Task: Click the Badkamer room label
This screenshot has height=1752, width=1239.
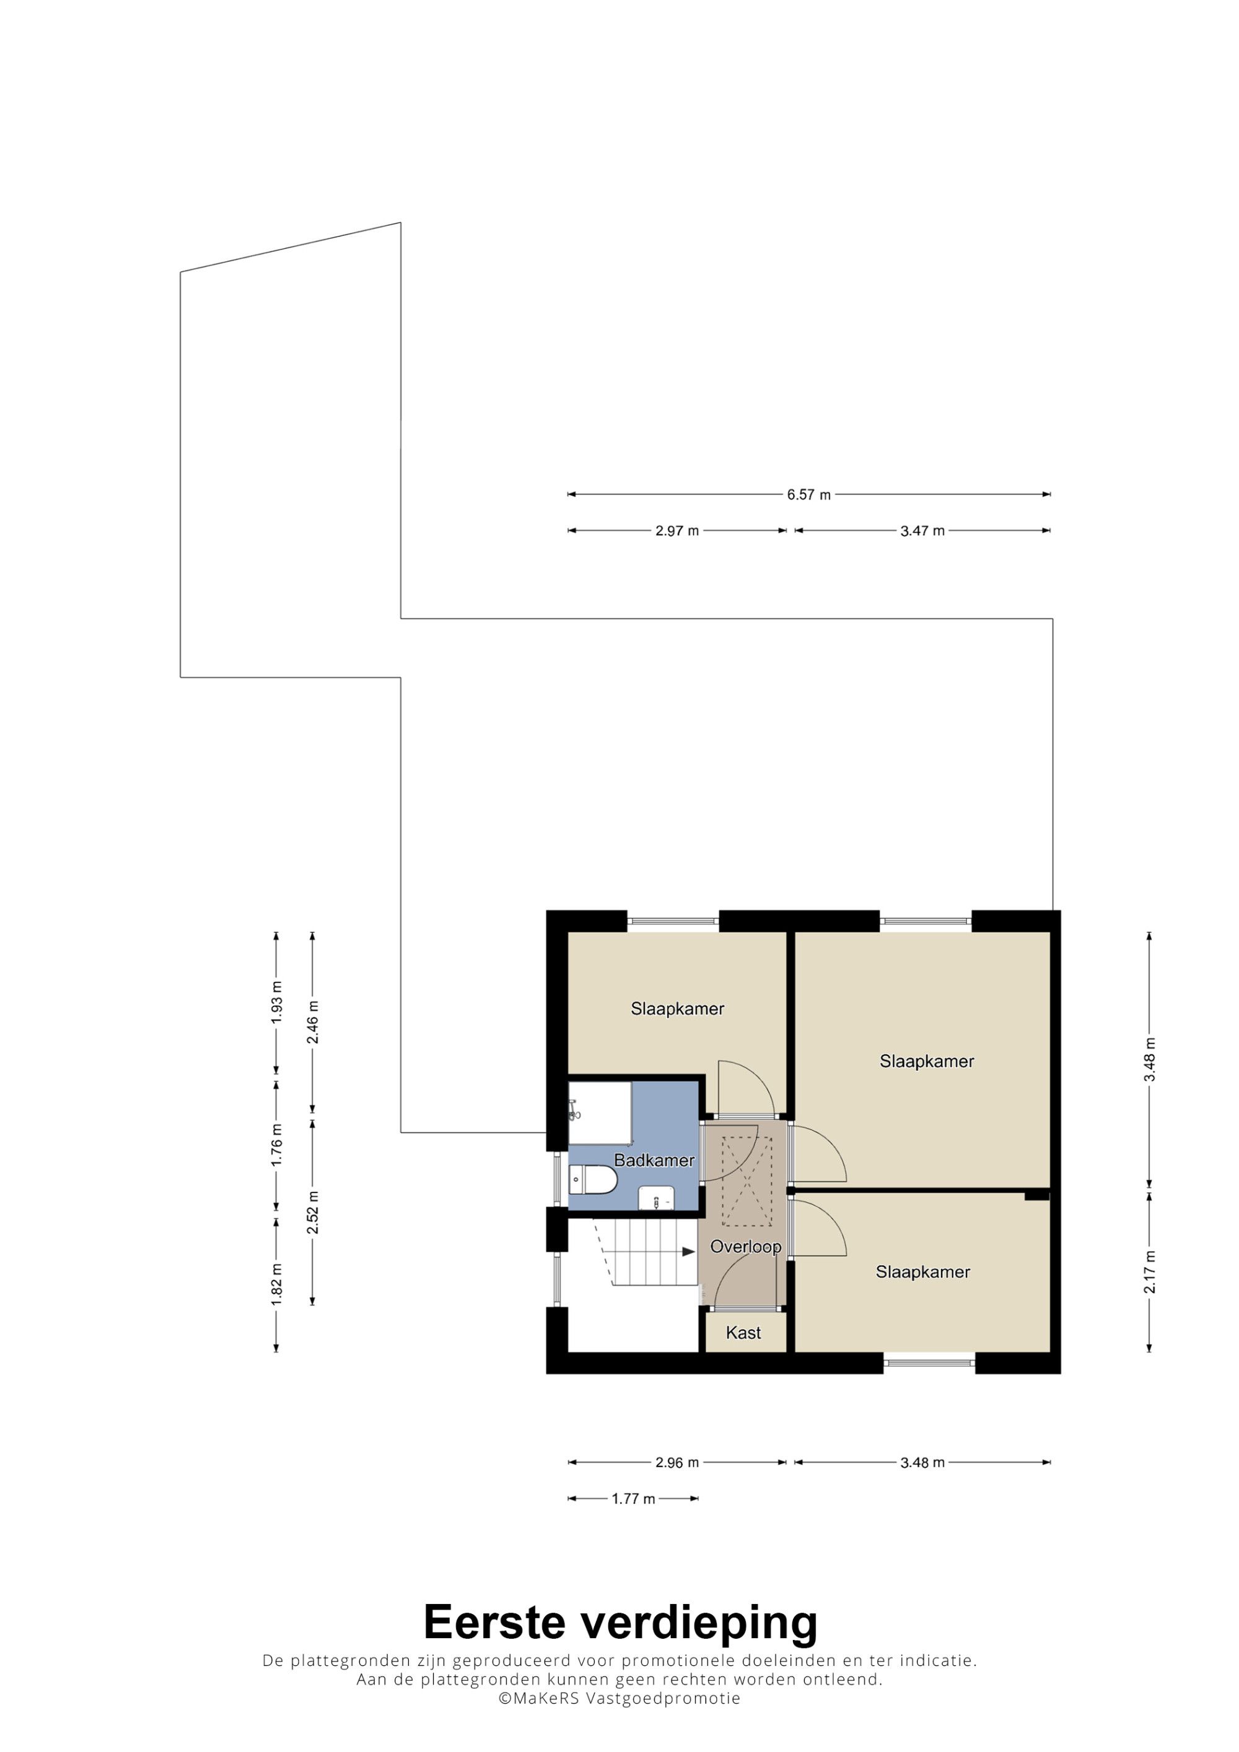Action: pos(654,1161)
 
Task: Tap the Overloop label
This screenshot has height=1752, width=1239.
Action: pos(746,1247)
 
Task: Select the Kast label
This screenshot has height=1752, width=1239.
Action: pos(743,1333)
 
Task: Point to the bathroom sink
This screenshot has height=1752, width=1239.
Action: pos(657,1199)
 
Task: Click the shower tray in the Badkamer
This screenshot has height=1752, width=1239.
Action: pos(600,1112)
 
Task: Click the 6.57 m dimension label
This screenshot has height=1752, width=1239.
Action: pos(808,495)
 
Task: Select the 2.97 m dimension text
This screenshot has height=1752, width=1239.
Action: pos(677,531)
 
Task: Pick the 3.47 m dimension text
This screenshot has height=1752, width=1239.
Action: pos(922,531)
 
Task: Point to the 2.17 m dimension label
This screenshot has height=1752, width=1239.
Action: pos(1150,1272)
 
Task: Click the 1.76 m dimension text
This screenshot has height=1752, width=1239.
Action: pos(276,1145)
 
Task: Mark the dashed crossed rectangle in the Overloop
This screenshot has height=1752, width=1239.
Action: pos(747,1181)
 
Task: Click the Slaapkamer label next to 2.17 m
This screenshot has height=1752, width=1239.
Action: pos(923,1272)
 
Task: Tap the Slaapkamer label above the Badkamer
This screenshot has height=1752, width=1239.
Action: pos(677,1008)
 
